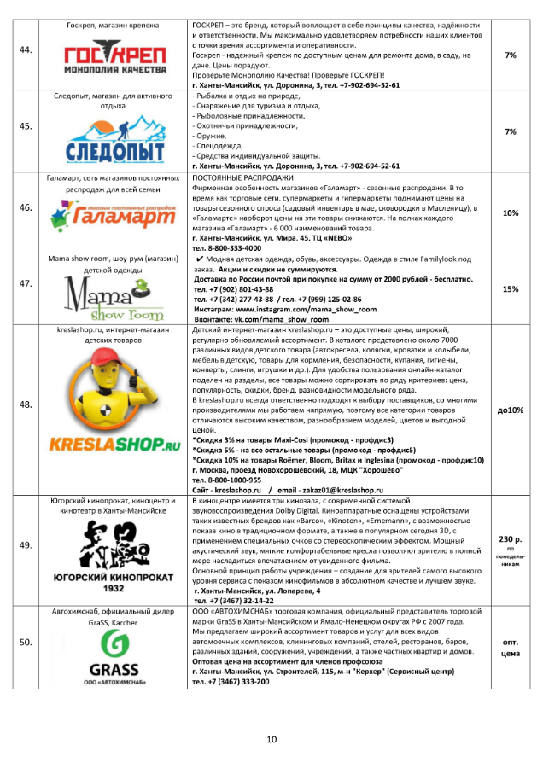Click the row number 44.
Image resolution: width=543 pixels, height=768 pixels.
[x=26, y=50]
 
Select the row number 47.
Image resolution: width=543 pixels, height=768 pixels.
[x=26, y=289]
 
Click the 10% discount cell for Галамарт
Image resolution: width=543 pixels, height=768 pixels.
[x=511, y=212]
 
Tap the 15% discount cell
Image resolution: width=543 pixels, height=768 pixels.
[x=511, y=289]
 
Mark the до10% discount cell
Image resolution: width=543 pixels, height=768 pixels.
[x=511, y=410]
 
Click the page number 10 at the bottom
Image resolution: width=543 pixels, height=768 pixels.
[x=271, y=739]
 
